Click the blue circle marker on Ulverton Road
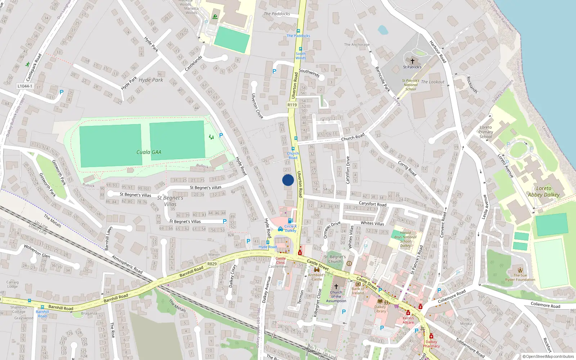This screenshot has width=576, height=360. (x=288, y=180)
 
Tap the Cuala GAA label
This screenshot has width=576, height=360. (x=149, y=152)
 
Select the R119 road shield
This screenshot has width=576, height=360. (x=292, y=105)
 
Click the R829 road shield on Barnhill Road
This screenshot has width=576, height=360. (x=212, y=264)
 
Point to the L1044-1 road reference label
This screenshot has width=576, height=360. (x=25, y=86)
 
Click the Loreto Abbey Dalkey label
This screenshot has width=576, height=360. (x=544, y=192)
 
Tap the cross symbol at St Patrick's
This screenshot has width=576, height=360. (x=413, y=61)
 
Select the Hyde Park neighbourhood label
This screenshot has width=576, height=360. (x=151, y=80)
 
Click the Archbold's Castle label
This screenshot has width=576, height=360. (x=317, y=277)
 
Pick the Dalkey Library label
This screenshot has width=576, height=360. (x=380, y=309)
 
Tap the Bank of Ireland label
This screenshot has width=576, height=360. (x=358, y=291)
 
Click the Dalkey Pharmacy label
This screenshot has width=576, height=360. (x=431, y=344)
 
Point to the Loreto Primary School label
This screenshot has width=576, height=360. (x=486, y=132)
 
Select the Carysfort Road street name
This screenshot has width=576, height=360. (x=373, y=204)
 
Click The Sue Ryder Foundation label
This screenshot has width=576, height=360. (x=520, y=277)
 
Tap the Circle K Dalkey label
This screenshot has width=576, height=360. (x=291, y=228)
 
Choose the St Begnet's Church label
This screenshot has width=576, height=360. (x=335, y=259)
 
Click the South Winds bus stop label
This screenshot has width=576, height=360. (x=301, y=56)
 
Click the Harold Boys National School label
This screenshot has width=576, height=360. (x=405, y=239)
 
